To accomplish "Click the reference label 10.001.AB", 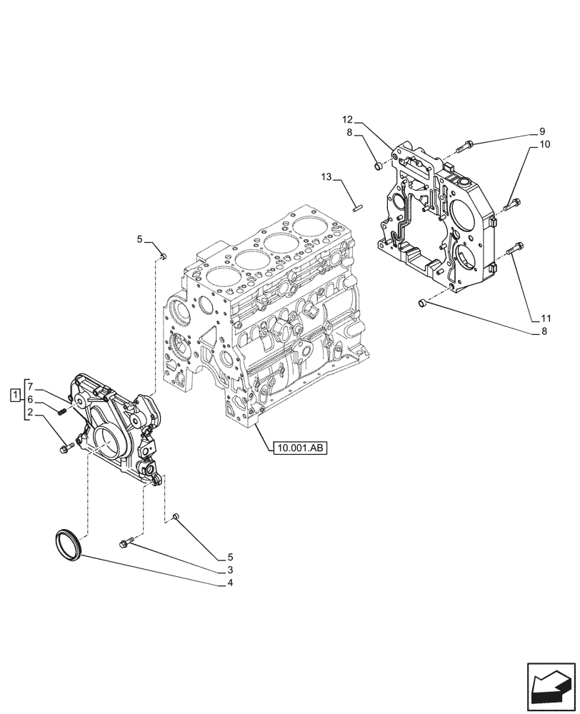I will point(299,448).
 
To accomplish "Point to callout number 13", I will point(326,176).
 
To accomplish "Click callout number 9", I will point(542,131).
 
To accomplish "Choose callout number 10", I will point(544,144).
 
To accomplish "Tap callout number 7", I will point(31,386).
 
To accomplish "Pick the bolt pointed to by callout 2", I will point(66,448).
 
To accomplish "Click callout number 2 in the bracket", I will point(31,413).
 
